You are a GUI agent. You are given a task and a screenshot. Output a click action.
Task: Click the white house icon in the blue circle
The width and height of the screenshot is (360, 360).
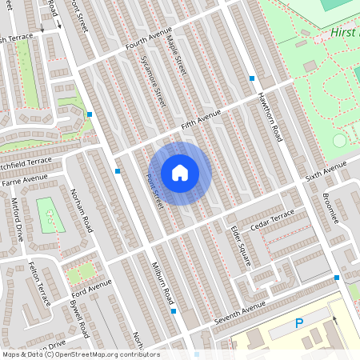pos(180,172)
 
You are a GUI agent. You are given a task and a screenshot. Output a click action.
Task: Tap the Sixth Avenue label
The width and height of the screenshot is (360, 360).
pos(326,171)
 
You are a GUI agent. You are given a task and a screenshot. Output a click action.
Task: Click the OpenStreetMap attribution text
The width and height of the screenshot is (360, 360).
pos(80,354)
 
